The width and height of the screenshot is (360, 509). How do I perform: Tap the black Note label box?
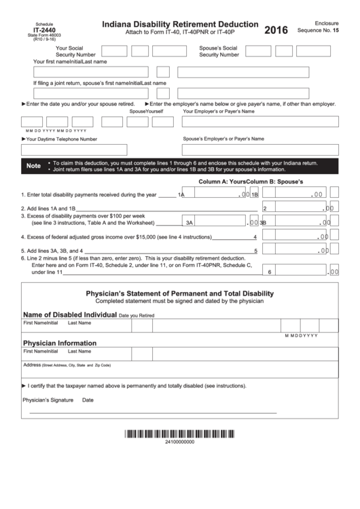pos(33,166)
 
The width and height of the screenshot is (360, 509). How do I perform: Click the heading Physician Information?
pos(60,343)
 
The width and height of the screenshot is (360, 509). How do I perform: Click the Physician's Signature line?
pos(153,410)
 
